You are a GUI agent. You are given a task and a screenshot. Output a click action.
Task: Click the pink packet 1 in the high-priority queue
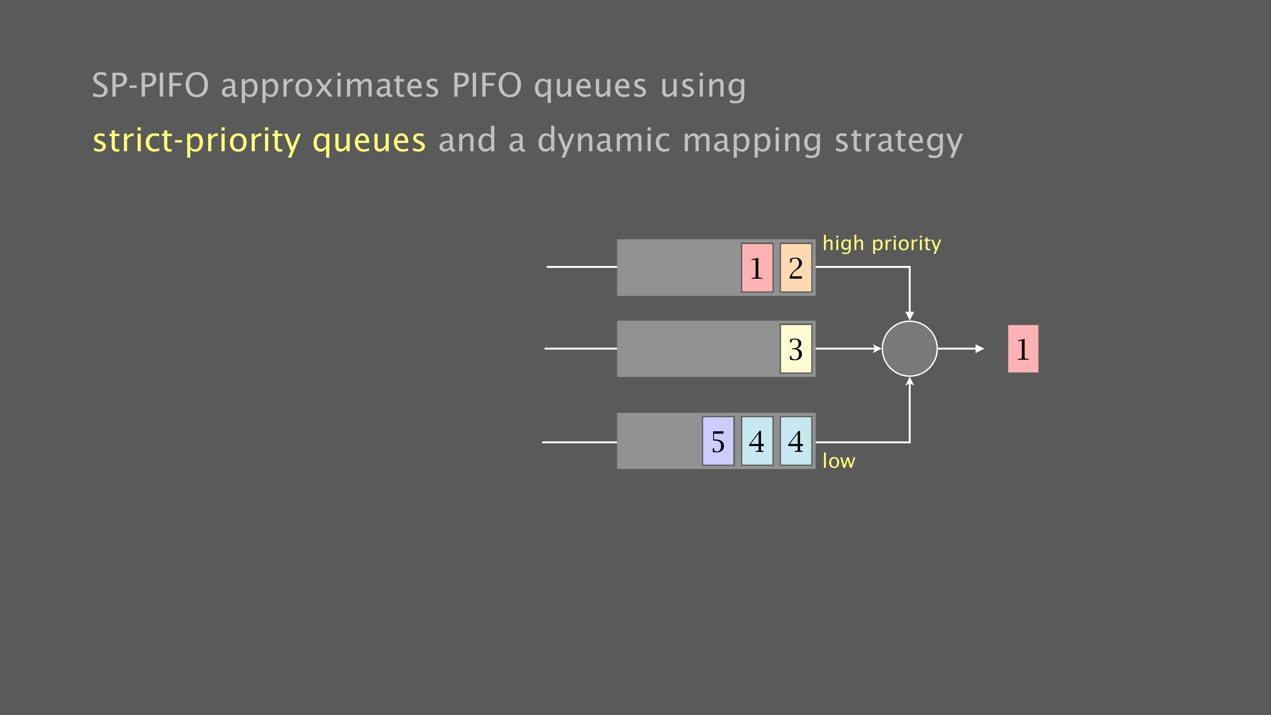(x=757, y=268)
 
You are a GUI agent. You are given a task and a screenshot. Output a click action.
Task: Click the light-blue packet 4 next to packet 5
(x=757, y=441)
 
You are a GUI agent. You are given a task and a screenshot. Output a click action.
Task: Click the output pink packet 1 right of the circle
(x=1023, y=348)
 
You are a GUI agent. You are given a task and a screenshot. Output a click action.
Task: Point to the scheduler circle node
(x=909, y=348)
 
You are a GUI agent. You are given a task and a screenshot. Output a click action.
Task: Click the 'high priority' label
(x=882, y=244)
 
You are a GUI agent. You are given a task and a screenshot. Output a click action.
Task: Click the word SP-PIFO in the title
(x=151, y=85)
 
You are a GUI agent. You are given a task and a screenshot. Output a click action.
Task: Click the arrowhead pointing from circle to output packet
(x=980, y=348)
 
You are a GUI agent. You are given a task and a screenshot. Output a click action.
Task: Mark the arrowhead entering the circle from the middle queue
(x=877, y=348)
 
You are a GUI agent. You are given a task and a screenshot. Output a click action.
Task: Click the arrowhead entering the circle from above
(x=909, y=316)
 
